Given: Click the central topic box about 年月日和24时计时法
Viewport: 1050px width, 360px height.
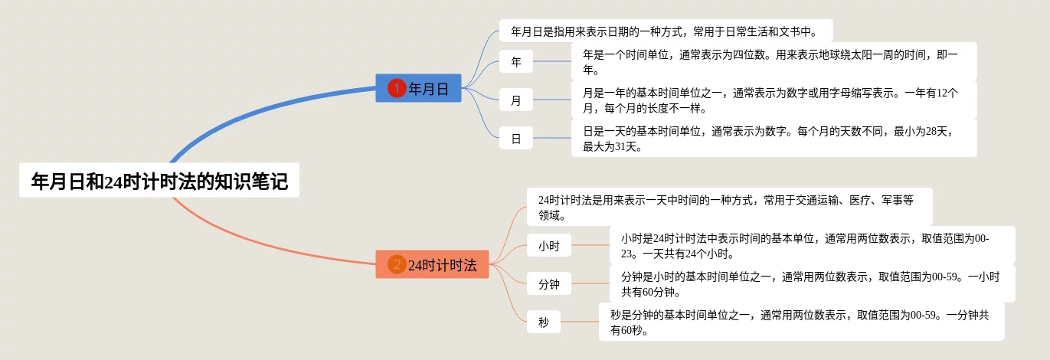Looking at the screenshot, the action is pyautogui.click(x=159, y=182).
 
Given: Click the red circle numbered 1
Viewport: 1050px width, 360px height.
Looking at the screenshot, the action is pyautogui.click(x=396, y=89).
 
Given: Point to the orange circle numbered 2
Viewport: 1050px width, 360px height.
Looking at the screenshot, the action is pyautogui.click(x=396, y=265).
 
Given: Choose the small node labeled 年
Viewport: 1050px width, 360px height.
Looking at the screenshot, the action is pyautogui.click(x=516, y=62).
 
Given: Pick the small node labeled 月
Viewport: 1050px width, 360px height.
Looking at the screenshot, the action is pyautogui.click(x=516, y=100).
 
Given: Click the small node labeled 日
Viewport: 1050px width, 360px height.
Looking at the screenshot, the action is pyautogui.click(x=516, y=139).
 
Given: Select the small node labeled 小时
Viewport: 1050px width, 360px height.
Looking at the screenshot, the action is pyautogui.click(x=549, y=246).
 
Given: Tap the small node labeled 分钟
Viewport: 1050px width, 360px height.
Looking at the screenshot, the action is pyautogui.click(x=549, y=284).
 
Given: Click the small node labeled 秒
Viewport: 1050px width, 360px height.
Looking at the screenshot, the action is pyautogui.click(x=544, y=322).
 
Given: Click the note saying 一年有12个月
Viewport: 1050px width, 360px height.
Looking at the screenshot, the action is pyautogui.click(x=774, y=100).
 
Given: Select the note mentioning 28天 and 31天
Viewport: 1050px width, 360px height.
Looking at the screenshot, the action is pyautogui.click(x=774, y=138).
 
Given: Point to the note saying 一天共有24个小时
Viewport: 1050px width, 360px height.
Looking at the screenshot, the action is pyautogui.click(x=812, y=245).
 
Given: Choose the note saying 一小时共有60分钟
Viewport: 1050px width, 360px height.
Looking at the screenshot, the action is pyautogui.click(x=812, y=283).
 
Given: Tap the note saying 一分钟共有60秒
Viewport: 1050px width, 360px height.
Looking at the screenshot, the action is pyautogui.click(x=801, y=322).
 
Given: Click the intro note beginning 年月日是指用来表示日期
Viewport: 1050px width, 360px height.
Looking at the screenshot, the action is pyautogui.click(x=666, y=31).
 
